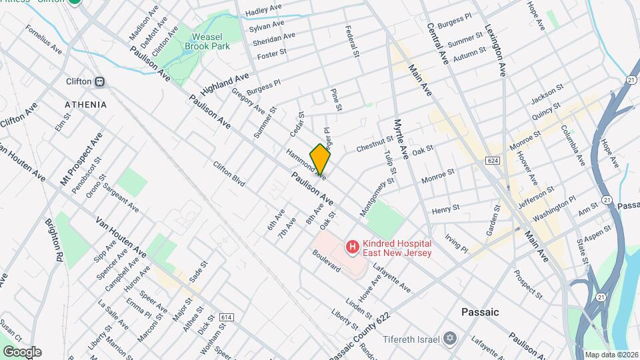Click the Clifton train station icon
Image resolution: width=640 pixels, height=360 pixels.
point(100,82)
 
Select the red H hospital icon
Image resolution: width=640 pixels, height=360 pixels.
point(351,247)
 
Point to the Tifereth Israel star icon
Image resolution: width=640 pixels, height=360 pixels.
point(450,339)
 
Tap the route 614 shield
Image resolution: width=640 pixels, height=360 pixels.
point(227,317)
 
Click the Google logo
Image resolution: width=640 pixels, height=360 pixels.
point(21,352)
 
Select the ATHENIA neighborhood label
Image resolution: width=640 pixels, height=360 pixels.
point(85,105)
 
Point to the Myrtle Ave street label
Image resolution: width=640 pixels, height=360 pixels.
point(401,139)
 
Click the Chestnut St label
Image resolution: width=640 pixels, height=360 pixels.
point(375,143)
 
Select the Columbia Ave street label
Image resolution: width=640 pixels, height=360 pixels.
point(573,146)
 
